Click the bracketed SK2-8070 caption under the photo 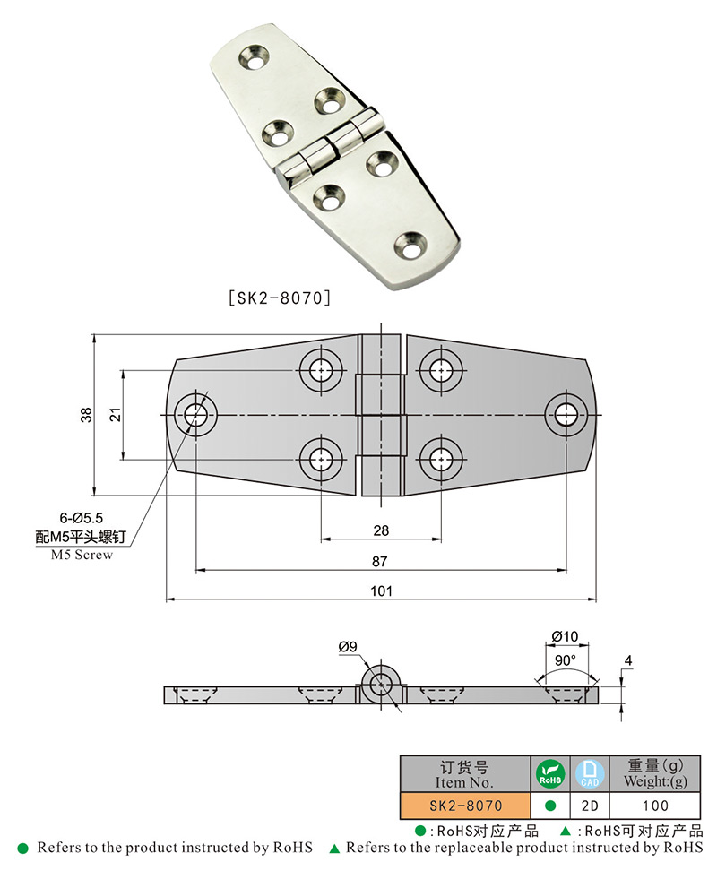(280, 295)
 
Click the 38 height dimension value (86, 414)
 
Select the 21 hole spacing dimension (114, 414)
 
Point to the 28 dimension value (381, 530)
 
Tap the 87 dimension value (381, 561)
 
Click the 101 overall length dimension (381, 591)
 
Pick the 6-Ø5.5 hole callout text (83, 519)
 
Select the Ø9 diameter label (349, 646)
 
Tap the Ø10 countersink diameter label (565, 637)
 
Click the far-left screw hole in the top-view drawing (196, 414)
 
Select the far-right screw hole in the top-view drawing (566, 414)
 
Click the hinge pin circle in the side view (381, 683)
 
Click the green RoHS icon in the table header (549, 773)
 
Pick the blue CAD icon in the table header (584, 773)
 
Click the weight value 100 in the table (655, 805)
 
